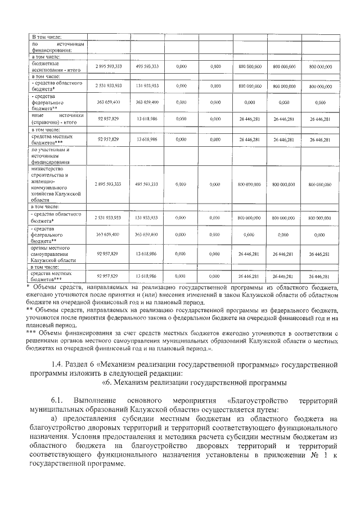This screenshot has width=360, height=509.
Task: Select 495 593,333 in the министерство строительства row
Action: pyautogui.click(x=147, y=184)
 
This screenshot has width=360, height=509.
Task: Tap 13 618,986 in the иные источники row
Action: pyautogui.click(x=147, y=119)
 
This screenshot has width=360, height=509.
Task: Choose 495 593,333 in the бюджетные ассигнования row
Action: pyautogui.click(x=147, y=66)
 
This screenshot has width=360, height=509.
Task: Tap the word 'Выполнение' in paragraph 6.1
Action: pyautogui.click(x=96, y=400)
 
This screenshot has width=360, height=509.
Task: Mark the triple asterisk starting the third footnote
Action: pyautogui.click(x=33, y=334)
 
